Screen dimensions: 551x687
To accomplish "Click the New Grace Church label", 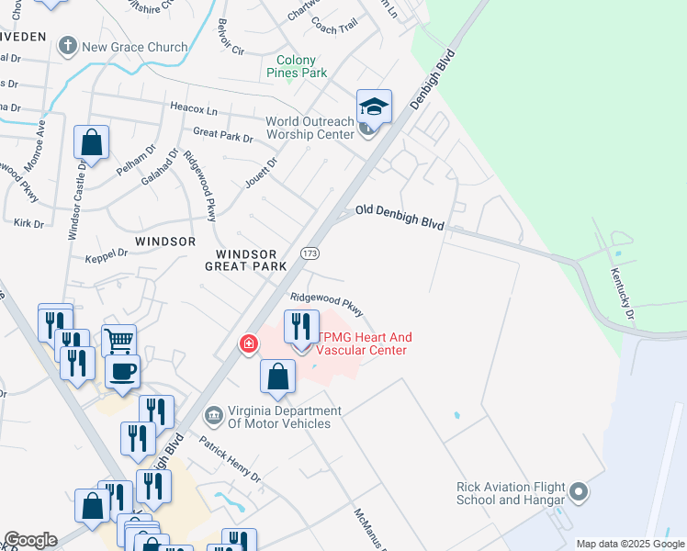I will point(134,47).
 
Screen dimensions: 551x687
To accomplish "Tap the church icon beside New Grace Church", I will point(67,46).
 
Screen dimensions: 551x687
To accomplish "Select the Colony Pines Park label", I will point(297,66).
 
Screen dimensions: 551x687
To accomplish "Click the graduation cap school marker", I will point(374,107).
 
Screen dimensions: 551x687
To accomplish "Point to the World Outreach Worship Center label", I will point(310,128).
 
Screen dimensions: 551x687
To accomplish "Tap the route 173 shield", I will point(310,252).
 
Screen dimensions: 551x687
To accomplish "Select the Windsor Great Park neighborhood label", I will point(251,260).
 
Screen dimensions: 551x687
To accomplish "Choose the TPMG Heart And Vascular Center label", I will point(361,343).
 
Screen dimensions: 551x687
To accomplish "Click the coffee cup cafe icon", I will point(122,371).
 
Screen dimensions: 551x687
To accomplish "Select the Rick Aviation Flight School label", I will point(512,493).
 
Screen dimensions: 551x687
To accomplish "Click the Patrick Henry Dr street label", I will point(230,459).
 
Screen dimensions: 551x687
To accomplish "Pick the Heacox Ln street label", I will point(194,108).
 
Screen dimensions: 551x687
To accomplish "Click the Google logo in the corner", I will point(30,540).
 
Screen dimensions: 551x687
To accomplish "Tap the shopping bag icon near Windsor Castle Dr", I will point(91,142).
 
